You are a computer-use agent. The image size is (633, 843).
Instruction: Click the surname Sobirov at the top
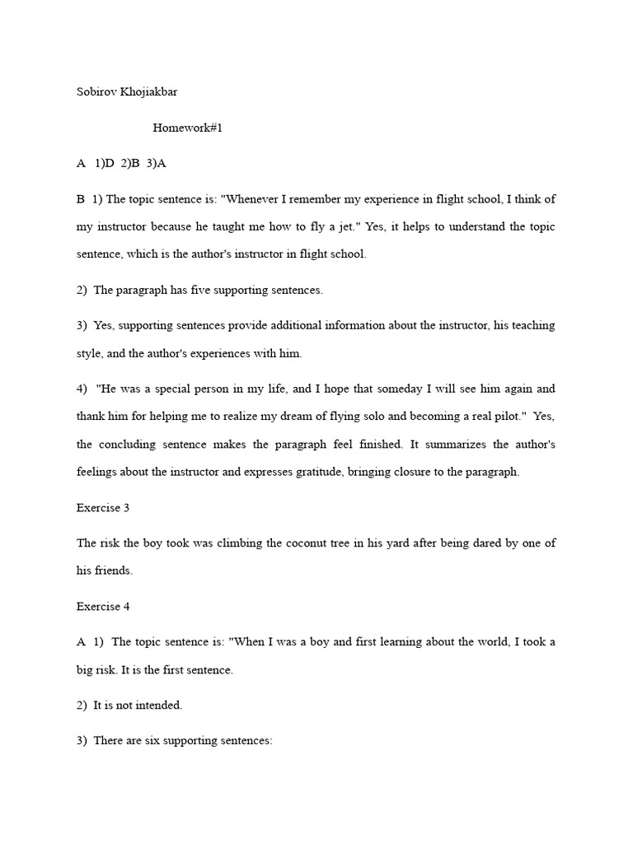point(96,92)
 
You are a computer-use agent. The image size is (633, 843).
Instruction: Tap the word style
point(91,353)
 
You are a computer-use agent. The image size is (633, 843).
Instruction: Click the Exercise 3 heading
point(103,508)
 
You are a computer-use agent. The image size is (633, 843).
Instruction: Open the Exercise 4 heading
point(103,607)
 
